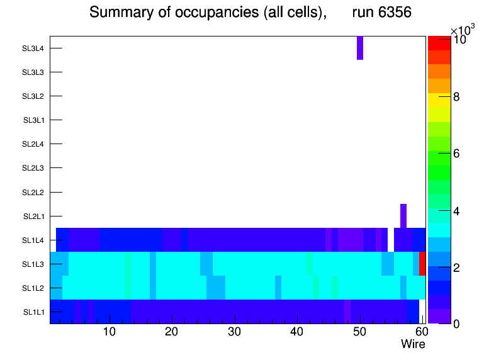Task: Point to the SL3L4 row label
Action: click(33, 48)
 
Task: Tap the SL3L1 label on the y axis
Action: click(33, 120)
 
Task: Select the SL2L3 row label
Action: click(33, 168)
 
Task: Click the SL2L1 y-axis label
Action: click(33, 217)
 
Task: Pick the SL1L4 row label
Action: click(33, 240)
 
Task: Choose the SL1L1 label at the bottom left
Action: click(34, 312)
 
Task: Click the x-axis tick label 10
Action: click(109, 332)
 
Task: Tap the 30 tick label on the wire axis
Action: click(234, 332)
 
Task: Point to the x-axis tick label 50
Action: click(359, 332)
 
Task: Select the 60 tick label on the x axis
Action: click(420, 332)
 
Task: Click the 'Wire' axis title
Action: click(413, 344)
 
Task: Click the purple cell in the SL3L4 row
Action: click(360, 48)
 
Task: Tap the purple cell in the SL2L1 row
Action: click(403, 216)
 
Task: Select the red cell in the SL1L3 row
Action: click(422, 263)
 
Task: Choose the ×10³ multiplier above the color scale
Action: click(463, 30)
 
